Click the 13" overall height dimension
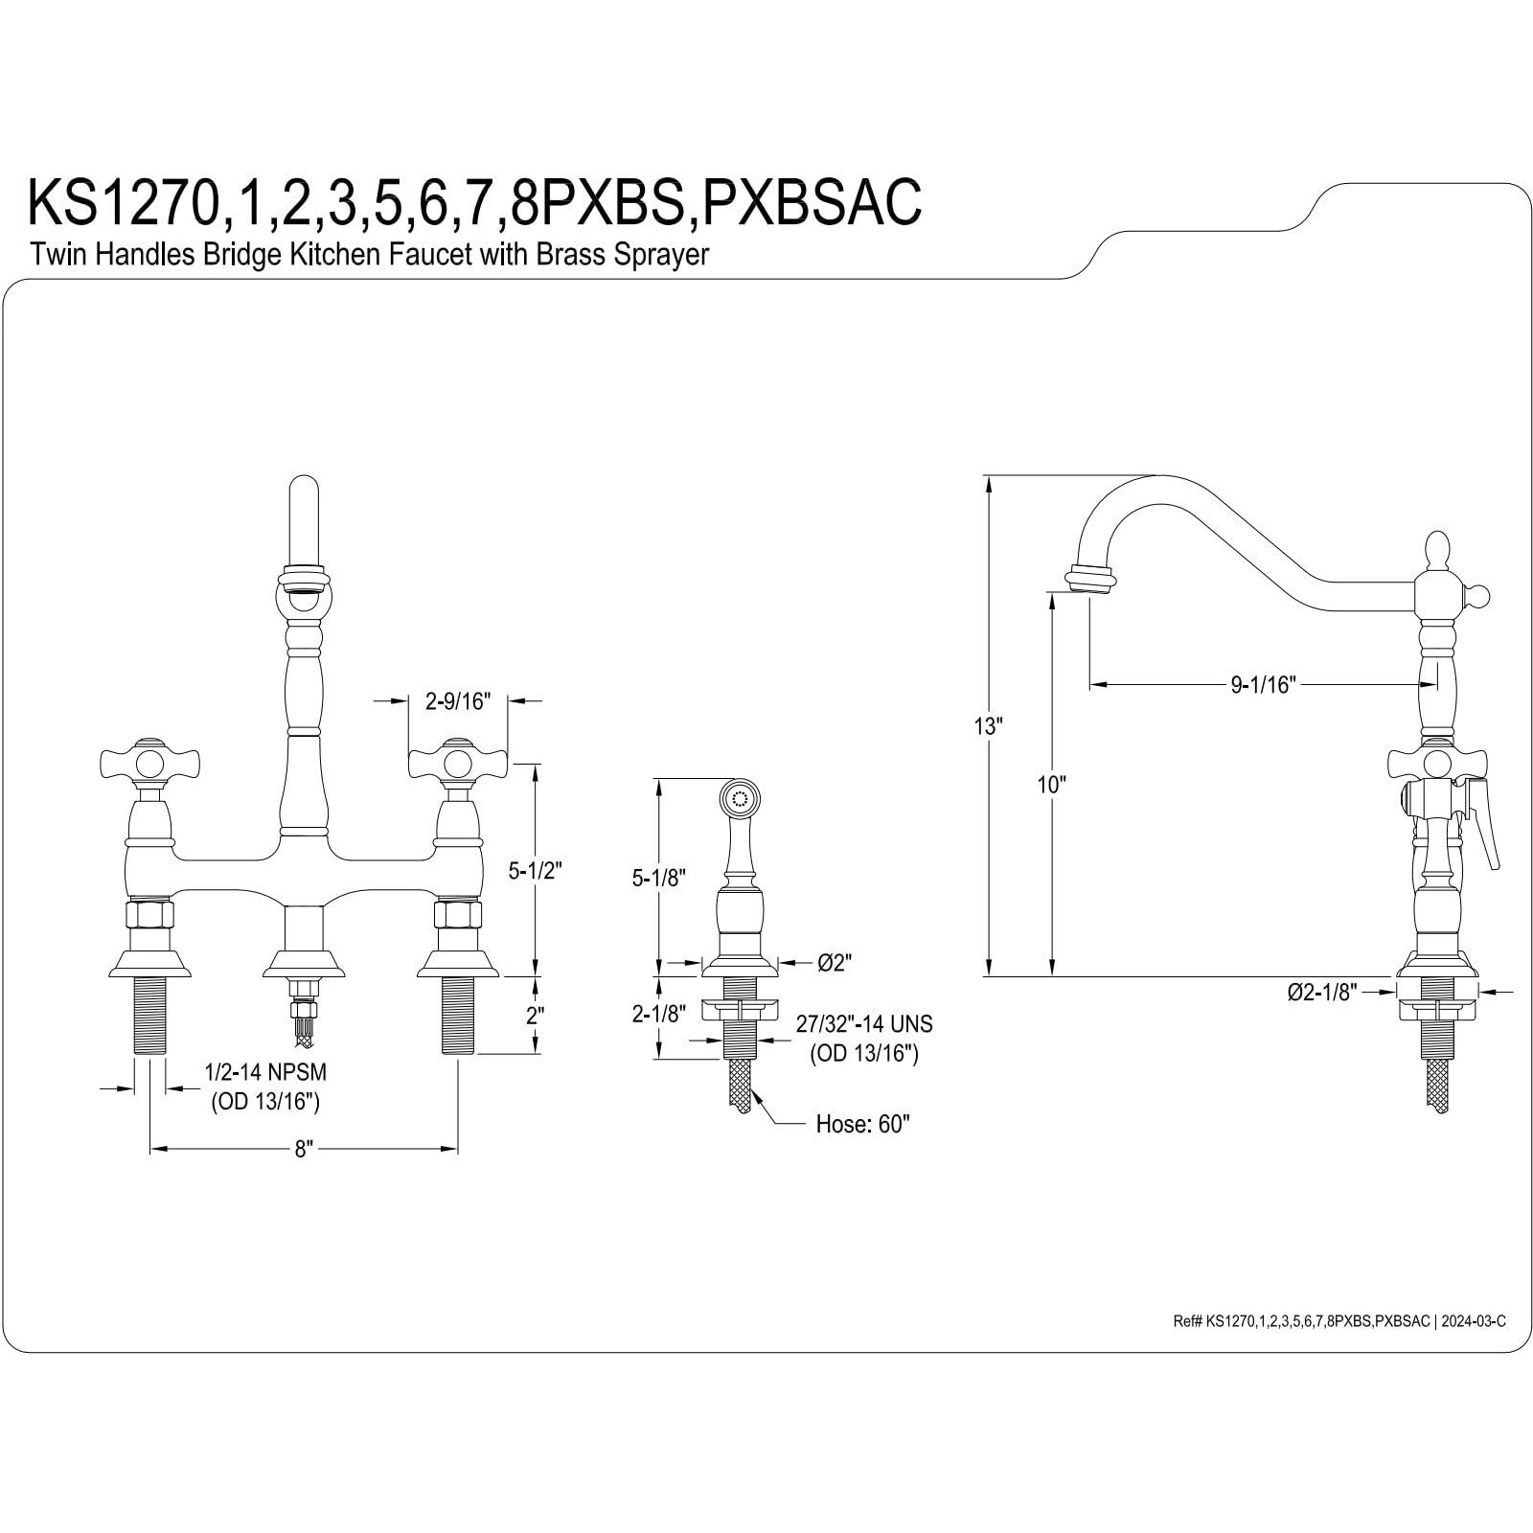[988, 726]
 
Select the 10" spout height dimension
[1051, 785]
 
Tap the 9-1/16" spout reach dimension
[1263, 684]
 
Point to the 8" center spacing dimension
[304, 1150]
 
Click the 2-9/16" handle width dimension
[457, 701]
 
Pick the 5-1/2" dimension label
[534, 871]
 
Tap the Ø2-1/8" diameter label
[1322, 993]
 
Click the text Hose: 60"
[862, 1124]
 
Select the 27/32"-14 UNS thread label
[863, 1024]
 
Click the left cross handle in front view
[150, 764]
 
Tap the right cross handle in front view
[458, 764]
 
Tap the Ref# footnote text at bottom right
[1339, 1321]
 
